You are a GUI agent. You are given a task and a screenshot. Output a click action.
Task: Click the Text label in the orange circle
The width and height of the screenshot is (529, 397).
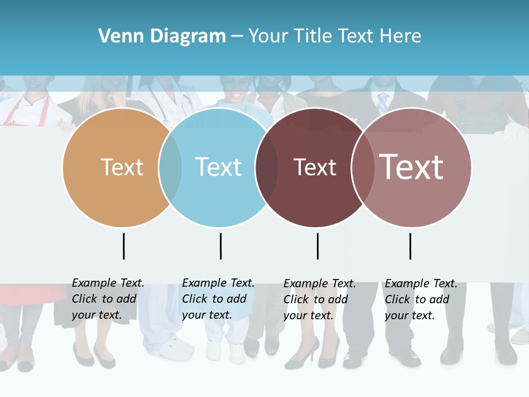pyautogui.click(x=122, y=167)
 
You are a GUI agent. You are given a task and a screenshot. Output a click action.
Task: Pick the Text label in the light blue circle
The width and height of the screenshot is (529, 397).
pyautogui.click(x=218, y=167)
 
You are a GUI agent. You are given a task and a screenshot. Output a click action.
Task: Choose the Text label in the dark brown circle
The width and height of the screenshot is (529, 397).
pyautogui.click(x=315, y=168)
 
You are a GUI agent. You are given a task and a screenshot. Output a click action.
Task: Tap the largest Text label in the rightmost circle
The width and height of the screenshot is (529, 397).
pyautogui.click(x=411, y=167)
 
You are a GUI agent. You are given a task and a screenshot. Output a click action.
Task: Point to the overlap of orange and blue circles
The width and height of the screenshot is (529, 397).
pyautogui.click(x=170, y=168)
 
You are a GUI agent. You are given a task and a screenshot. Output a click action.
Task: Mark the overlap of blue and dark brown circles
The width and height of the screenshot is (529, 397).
pyautogui.click(x=267, y=168)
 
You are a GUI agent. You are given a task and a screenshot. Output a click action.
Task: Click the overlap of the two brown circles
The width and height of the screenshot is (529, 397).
pyautogui.click(x=363, y=168)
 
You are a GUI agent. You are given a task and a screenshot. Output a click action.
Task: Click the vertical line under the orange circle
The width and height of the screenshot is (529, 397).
pyautogui.click(x=123, y=246)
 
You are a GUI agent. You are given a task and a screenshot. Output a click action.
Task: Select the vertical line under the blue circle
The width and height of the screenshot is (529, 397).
pyautogui.click(x=220, y=246)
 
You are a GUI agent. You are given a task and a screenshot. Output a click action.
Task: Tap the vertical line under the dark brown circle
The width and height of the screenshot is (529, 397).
pyautogui.click(x=317, y=246)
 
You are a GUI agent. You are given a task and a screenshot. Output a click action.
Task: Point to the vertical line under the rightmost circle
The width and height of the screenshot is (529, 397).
pyautogui.click(x=410, y=246)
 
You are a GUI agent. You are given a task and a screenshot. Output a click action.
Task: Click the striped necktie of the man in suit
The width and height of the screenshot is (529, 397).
pyautogui.click(x=382, y=103)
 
